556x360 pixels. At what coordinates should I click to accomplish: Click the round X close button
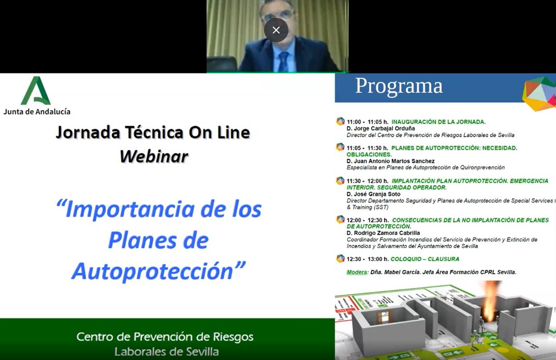pyautogui.click(x=276, y=30)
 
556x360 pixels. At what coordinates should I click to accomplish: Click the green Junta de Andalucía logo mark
pyautogui.click(x=36, y=91)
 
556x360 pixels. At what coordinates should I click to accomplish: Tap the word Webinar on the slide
pyautogui.click(x=154, y=157)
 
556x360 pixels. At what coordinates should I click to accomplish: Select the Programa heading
pyautogui.click(x=399, y=86)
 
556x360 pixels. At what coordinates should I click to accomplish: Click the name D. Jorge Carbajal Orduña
pyautogui.click(x=381, y=128)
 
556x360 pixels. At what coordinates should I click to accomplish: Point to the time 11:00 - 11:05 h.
pyautogui.click(x=367, y=122)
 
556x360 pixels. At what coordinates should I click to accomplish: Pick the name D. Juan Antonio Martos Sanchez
pyautogui.click(x=390, y=161)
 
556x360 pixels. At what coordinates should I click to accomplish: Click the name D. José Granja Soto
pyautogui.click(x=374, y=194)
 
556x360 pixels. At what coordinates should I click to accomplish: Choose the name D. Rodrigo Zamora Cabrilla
pyautogui.click(x=383, y=233)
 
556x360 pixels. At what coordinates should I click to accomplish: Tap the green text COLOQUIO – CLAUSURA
pyautogui.click(x=425, y=259)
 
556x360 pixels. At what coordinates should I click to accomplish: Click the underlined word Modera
pyautogui.click(x=357, y=272)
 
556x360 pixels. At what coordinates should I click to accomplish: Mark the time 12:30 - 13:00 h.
pyautogui.click(x=367, y=259)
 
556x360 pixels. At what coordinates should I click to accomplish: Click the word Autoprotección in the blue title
pyautogui.click(x=152, y=272)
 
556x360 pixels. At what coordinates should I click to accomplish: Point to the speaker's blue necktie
pyautogui.click(x=283, y=61)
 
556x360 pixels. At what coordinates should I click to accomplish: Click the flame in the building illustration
pyautogui.click(x=491, y=300)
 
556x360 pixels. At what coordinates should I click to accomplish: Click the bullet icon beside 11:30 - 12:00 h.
pyautogui.click(x=340, y=181)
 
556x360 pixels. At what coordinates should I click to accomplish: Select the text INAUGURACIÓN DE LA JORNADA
pyautogui.click(x=439, y=122)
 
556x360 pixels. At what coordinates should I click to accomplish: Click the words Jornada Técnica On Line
pyautogui.click(x=153, y=132)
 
